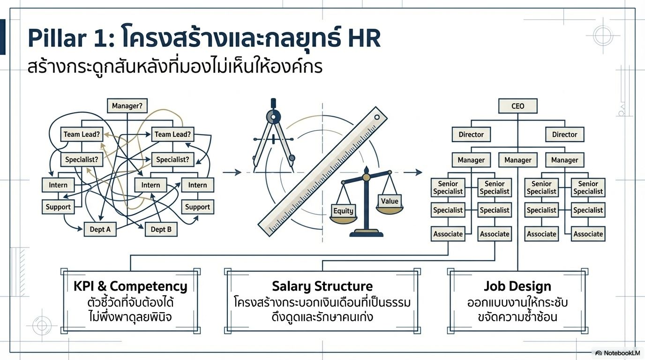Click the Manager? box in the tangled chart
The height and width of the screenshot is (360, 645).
click(127, 106)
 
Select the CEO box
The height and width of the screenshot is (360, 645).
click(517, 106)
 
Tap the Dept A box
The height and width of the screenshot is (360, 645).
click(100, 229)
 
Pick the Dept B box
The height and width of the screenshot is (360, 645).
click(161, 229)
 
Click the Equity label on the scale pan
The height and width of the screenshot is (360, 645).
click(343, 210)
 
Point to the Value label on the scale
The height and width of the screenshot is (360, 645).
click(389, 201)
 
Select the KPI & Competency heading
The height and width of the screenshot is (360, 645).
click(130, 286)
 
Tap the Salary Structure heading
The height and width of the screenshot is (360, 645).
click(322, 286)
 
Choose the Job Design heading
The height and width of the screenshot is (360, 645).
click(517, 286)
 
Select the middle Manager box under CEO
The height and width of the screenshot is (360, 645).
click(517, 160)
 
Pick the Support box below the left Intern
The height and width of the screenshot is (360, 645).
click(58, 207)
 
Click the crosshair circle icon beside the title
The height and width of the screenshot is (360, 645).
click(603, 36)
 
